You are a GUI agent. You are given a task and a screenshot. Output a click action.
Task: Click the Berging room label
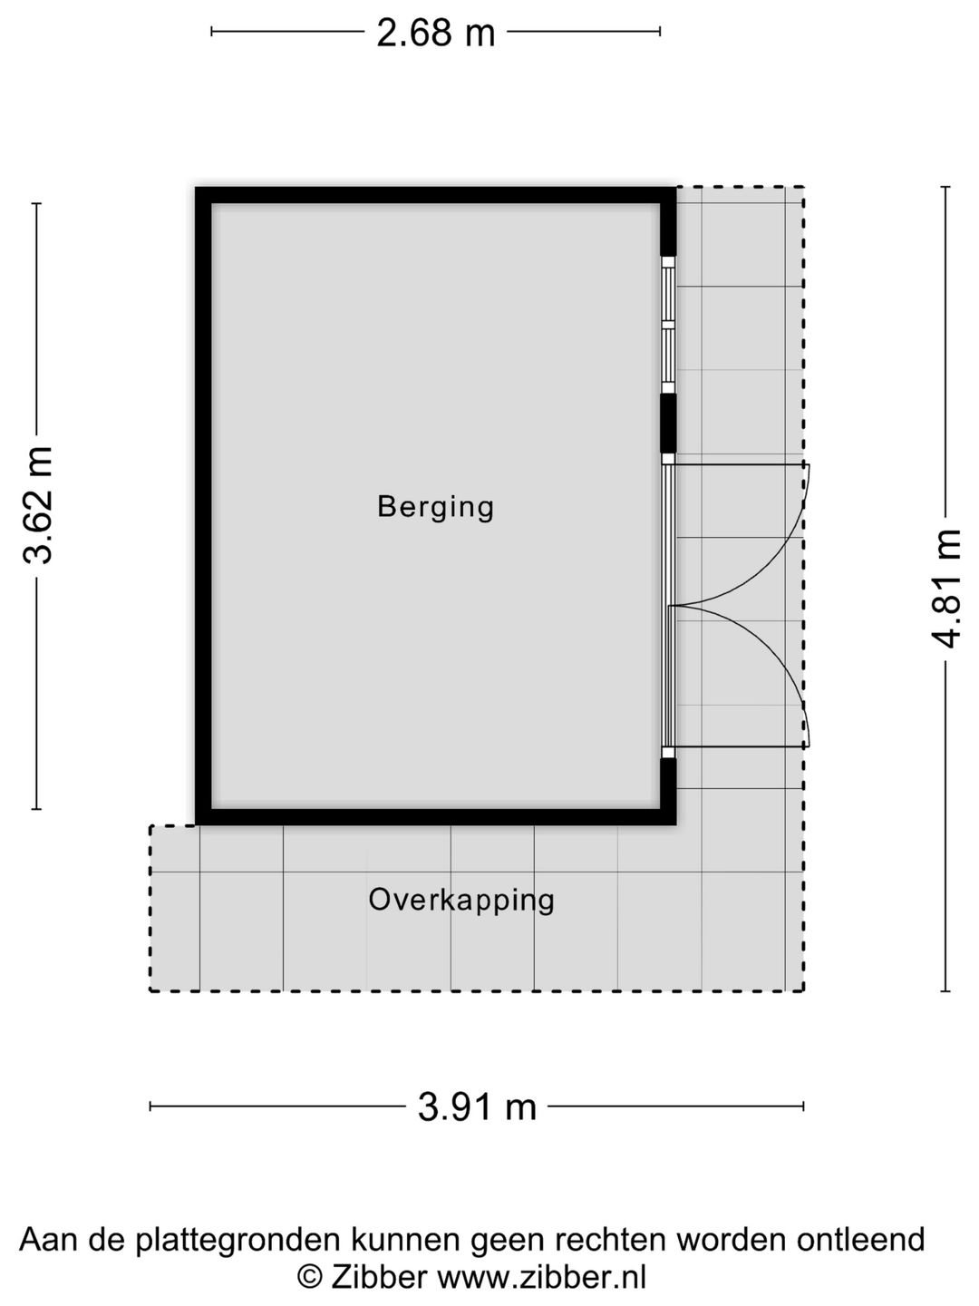coord(436,508)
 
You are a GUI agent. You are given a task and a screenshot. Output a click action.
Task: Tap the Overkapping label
coord(461,901)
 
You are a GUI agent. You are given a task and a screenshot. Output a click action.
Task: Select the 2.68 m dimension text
coord(436,33)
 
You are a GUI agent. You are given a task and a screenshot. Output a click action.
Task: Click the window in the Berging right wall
coord(669,325)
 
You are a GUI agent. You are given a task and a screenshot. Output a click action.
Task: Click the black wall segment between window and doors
coord(669,424)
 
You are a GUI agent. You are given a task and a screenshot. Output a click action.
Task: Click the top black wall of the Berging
coord(436,195)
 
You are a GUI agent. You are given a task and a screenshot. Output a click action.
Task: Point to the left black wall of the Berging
coord(203,506)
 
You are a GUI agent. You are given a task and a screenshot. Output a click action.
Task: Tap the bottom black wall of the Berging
coord(436,817)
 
